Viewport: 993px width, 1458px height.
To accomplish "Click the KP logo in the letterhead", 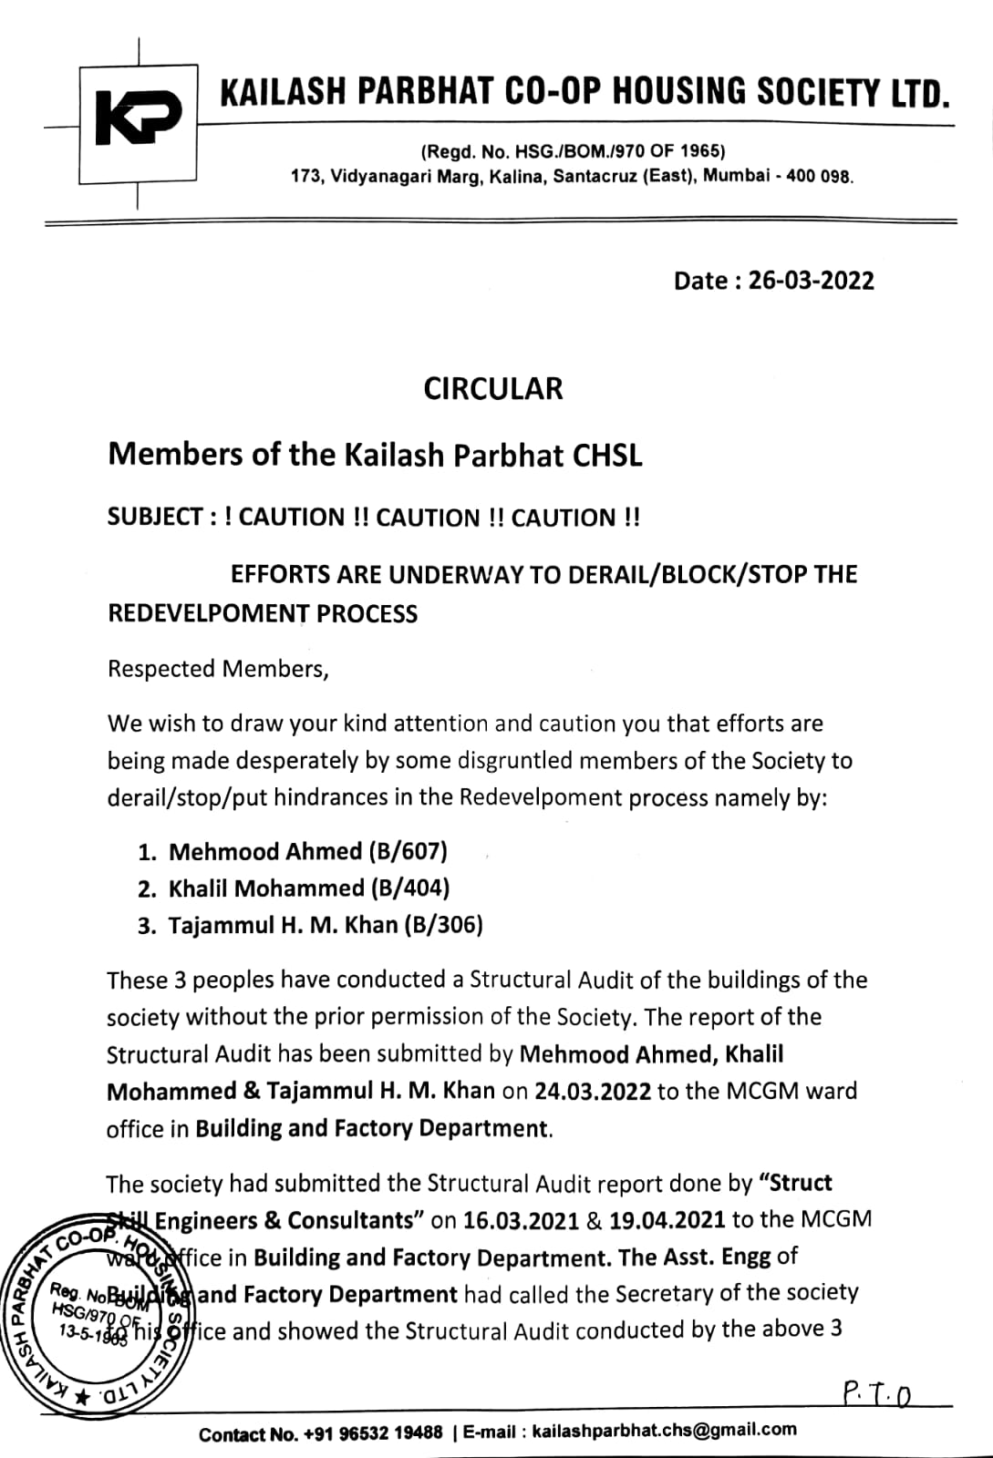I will click(139, 116).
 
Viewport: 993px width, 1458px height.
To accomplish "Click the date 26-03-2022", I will click(811, 281).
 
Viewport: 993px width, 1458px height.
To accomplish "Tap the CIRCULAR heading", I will click(493, 389).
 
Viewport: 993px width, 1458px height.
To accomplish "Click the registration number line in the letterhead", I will click(573, 151).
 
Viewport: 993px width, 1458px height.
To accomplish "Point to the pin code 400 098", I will click(818, 176).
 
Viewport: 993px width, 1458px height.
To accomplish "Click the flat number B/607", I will click(408, 851).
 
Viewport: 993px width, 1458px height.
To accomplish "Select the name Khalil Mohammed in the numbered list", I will click(266, 888).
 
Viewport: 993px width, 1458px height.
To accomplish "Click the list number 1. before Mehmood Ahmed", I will click(149, 852).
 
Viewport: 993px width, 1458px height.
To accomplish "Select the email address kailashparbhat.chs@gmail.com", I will click(663, 1430).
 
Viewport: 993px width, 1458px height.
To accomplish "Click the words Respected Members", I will click(217, 669).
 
